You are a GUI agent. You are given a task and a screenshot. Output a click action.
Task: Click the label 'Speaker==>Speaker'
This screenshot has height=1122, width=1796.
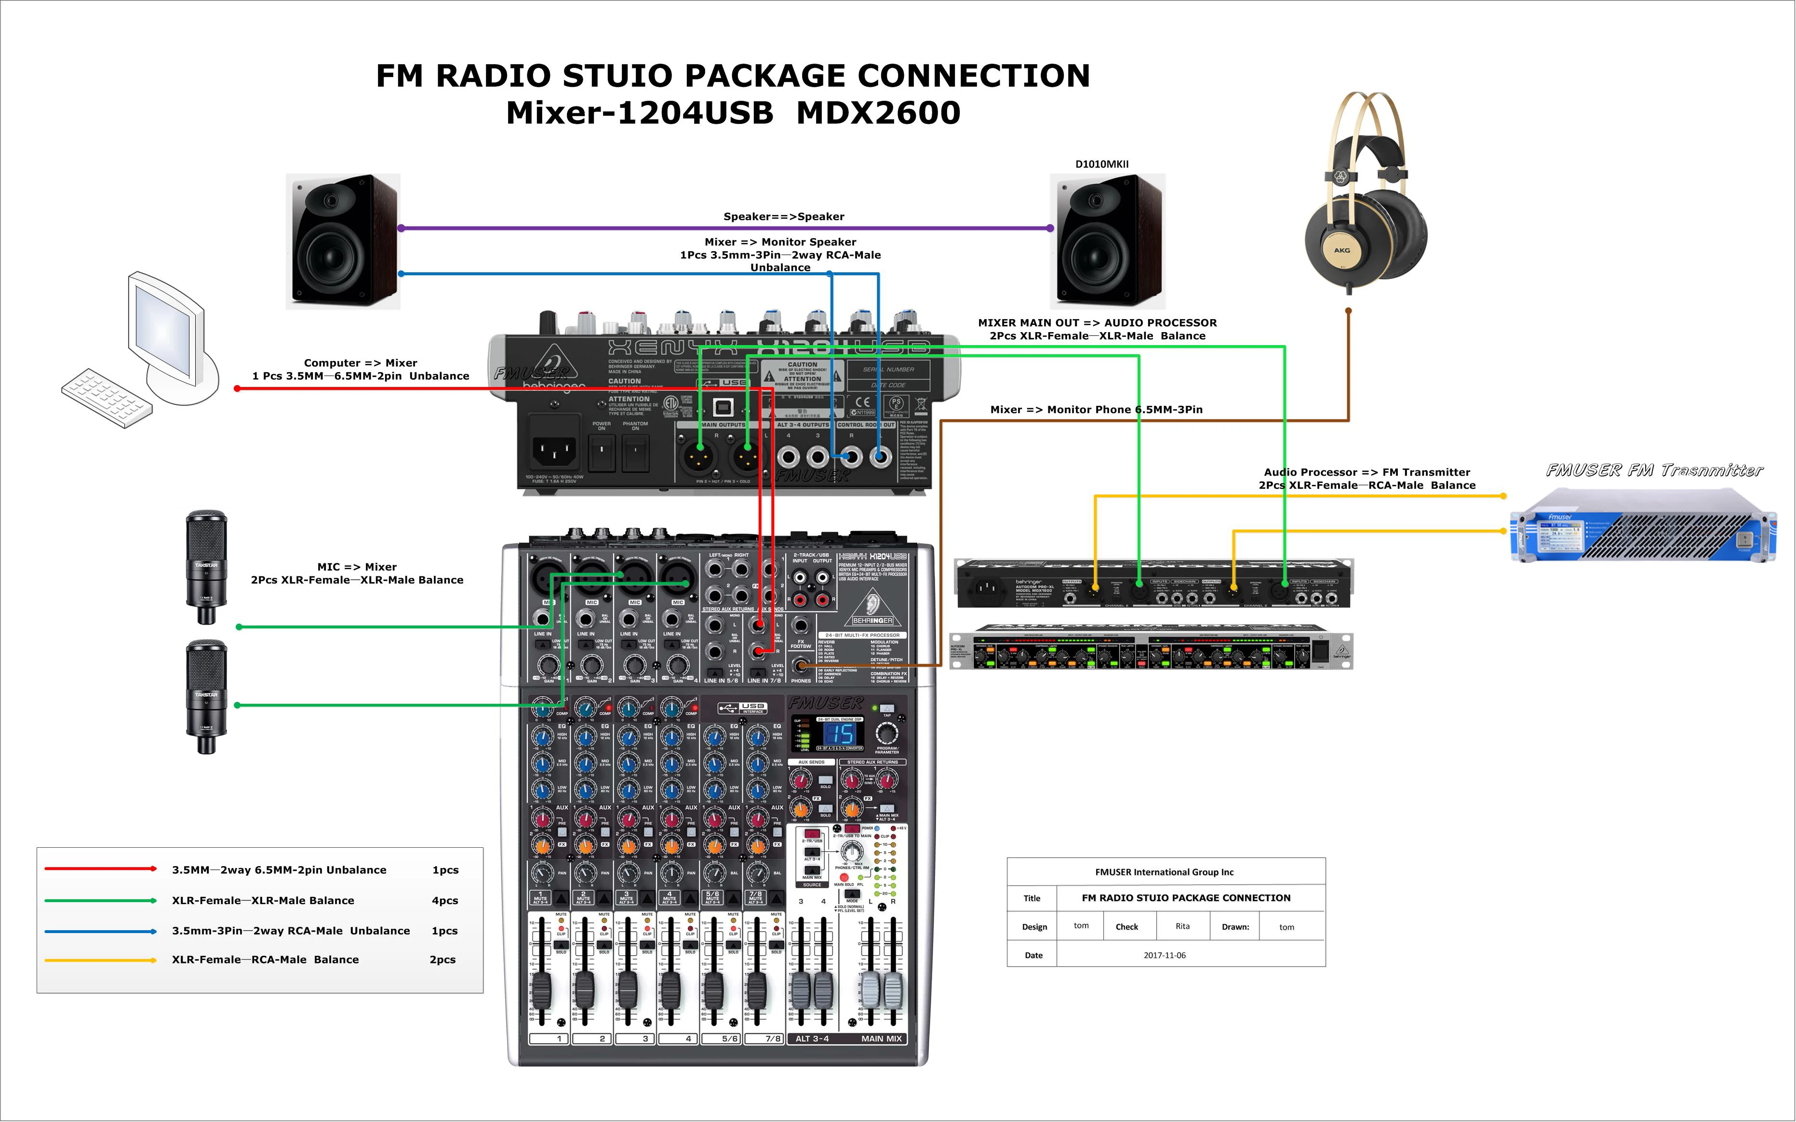click(x=784, y=217)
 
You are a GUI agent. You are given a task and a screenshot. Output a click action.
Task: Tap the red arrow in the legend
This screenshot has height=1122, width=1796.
click(x=101, y=868)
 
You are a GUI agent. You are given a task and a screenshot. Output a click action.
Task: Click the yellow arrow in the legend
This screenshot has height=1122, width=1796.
click(x=101, y=960)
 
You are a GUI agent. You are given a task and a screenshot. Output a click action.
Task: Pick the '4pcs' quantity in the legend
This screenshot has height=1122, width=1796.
click(x=444, y=901)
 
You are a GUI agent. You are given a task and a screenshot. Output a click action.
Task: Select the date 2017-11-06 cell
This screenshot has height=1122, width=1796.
click(x=1165, y=956)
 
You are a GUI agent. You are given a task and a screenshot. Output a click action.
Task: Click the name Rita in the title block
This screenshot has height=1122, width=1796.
click(x=1182, y=926)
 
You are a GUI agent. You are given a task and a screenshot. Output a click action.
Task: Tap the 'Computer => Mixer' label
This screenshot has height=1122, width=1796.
click(x=360, y=363)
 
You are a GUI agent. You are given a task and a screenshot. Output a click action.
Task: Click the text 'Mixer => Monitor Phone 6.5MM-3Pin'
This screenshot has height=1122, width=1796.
click(x=1096, y=410)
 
